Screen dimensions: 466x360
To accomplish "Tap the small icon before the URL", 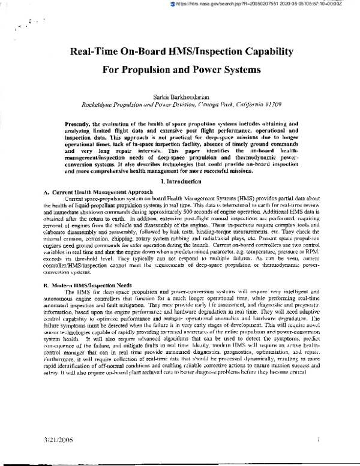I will tap(173, 4).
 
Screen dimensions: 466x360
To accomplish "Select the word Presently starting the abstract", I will tap(81, 123).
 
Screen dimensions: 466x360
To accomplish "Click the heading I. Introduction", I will tap(180, 164).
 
